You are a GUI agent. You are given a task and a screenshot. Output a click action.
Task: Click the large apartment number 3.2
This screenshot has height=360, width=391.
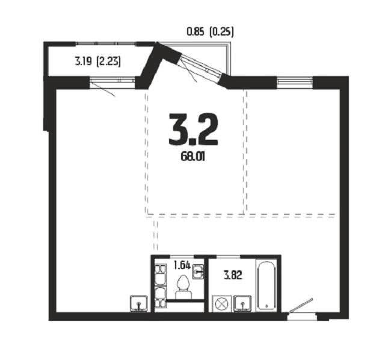click(193, 129)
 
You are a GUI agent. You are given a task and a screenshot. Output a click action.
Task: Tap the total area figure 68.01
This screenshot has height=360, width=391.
click(192, 157)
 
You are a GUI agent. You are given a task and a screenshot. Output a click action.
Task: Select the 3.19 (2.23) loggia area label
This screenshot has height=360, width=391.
click(97, 61)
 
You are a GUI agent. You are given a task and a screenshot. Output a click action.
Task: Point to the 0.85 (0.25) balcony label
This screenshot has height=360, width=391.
click(210, 32)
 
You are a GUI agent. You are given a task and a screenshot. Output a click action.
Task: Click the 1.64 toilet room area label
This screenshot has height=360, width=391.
click(182, 265)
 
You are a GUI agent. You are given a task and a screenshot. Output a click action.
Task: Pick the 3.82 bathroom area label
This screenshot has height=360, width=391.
click(233, 276)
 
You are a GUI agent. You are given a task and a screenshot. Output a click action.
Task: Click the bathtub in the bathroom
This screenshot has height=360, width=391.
click(267, 286)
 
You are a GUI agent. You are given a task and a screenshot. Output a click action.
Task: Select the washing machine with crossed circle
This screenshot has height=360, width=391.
click(222, 304)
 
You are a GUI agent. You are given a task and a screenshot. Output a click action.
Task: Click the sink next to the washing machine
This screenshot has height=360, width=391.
click(242, 304)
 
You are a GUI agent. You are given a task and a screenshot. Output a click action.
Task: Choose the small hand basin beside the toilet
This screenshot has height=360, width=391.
click(199, 272)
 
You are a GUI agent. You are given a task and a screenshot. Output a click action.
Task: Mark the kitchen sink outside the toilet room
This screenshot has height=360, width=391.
click(139, 303)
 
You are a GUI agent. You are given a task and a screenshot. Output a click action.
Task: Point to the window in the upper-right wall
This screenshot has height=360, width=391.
click(295, 82)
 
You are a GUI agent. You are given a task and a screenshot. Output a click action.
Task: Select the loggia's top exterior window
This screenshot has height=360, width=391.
click(106, 44)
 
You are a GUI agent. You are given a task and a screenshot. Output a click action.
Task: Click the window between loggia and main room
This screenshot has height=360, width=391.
click(112, 80)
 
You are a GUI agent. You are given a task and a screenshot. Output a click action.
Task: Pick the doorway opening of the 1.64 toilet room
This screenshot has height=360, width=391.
click(182, 256)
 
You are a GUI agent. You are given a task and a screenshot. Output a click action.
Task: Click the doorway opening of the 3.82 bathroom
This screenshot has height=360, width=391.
click(229, 256)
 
